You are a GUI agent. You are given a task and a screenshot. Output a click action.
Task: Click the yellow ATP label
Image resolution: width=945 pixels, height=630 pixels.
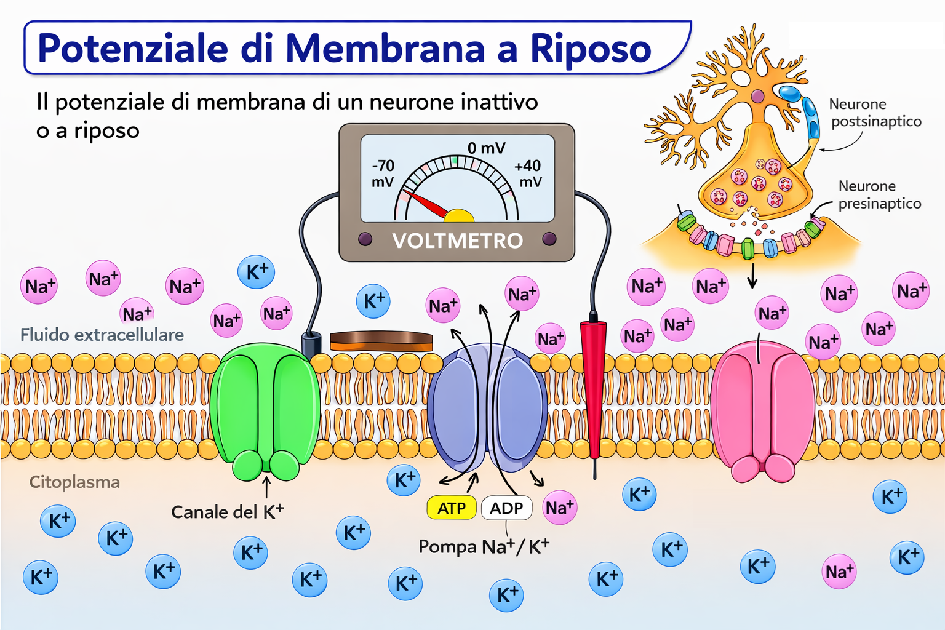point(452,508)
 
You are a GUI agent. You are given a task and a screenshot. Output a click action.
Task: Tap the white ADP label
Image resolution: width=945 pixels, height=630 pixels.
point(506,508)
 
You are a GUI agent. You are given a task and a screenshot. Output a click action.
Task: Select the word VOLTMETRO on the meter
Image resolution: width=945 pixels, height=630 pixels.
point(457,241)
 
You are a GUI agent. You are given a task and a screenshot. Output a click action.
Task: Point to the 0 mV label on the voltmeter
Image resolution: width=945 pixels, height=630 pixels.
point(486,148)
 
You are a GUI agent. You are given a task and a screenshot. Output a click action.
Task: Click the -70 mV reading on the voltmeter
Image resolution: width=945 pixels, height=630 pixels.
point(383,173)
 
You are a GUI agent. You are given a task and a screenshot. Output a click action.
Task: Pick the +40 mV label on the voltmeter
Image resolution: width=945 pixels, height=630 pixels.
point(528,173)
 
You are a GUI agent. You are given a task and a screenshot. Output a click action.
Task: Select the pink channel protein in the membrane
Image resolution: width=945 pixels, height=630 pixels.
point(762,409)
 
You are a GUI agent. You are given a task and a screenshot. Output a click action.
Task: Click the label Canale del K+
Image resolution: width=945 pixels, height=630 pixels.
point(227,512)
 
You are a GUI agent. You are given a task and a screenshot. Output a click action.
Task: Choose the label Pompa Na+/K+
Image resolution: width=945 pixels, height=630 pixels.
point(484,546)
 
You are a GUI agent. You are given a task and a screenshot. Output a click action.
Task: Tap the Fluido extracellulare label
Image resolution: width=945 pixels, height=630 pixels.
point(102,335)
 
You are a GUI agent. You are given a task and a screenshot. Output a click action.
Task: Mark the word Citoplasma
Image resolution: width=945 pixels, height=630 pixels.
point(74,482)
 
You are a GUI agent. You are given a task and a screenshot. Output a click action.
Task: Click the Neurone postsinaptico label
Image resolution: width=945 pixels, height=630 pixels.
point(875,113)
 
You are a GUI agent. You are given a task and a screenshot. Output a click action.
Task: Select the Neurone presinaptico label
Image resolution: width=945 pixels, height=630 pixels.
point(879,194)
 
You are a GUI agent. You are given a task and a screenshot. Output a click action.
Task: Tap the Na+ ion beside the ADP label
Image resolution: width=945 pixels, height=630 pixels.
point(560,508)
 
